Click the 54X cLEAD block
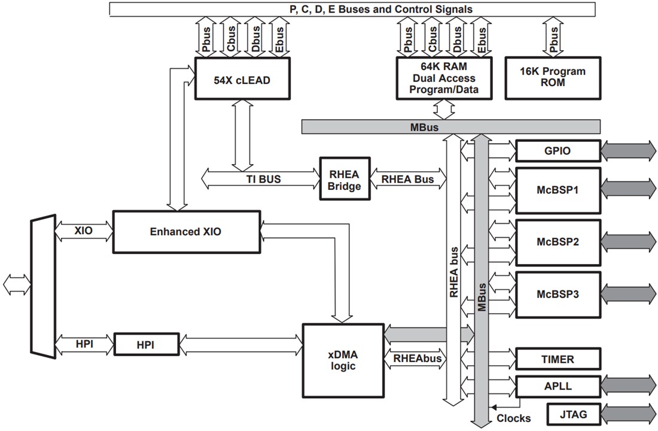[x=242, y=78]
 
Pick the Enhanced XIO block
[x=186, y=231]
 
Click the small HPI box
[x=146, y=344]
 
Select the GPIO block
[x=557, y=151]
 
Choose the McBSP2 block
[x=557, y=242]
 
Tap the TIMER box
[x=557, y=359]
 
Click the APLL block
[x=557, y=386]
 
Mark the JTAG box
[x=572, y=414]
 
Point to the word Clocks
[x=513, y=418]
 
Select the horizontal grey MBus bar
[x=450, y=127]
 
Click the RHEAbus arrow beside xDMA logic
[x=416, y=359]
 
